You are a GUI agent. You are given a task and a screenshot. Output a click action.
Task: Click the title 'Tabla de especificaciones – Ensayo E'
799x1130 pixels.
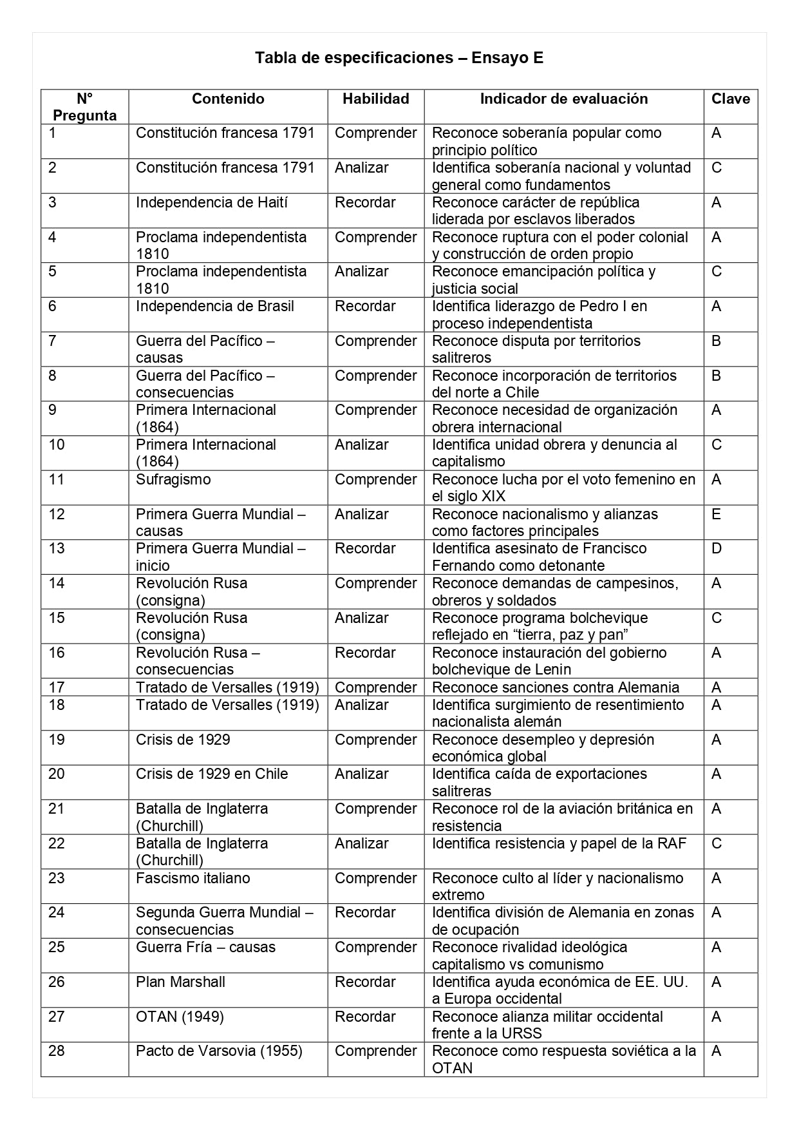399,58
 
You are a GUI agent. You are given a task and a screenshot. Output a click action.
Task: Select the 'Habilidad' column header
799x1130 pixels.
375,99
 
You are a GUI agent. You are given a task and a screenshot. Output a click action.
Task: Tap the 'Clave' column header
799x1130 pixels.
730,99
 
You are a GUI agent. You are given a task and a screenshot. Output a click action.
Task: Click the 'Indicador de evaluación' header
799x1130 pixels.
563,99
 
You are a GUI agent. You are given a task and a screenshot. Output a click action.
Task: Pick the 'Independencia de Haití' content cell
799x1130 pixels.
211,202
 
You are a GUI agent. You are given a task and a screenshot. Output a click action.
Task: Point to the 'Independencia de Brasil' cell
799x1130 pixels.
214,306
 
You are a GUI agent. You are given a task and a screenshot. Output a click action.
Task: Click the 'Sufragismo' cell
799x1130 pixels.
173,479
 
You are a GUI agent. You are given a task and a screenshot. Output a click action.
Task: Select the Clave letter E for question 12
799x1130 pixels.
716,514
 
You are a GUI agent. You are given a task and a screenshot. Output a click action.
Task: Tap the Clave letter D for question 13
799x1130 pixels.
717,548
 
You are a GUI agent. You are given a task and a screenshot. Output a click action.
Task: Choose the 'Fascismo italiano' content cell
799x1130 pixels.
193,878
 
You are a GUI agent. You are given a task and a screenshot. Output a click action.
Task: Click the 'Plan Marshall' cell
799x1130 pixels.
180,982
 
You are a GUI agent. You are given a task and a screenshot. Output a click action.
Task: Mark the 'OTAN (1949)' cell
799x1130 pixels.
180,1017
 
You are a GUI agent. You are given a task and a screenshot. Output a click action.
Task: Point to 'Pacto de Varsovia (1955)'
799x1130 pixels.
219,1051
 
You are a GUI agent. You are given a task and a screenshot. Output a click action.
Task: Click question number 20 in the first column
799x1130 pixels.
57,774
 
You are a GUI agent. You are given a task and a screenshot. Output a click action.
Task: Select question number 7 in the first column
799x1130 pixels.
52,341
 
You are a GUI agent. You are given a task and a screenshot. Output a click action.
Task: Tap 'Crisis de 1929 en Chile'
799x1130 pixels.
211,774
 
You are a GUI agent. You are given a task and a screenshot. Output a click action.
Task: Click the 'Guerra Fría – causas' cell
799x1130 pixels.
205,947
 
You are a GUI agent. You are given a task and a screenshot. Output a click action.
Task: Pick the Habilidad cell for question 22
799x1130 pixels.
361,843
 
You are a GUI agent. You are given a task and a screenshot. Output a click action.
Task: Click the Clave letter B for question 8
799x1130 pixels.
716,376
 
